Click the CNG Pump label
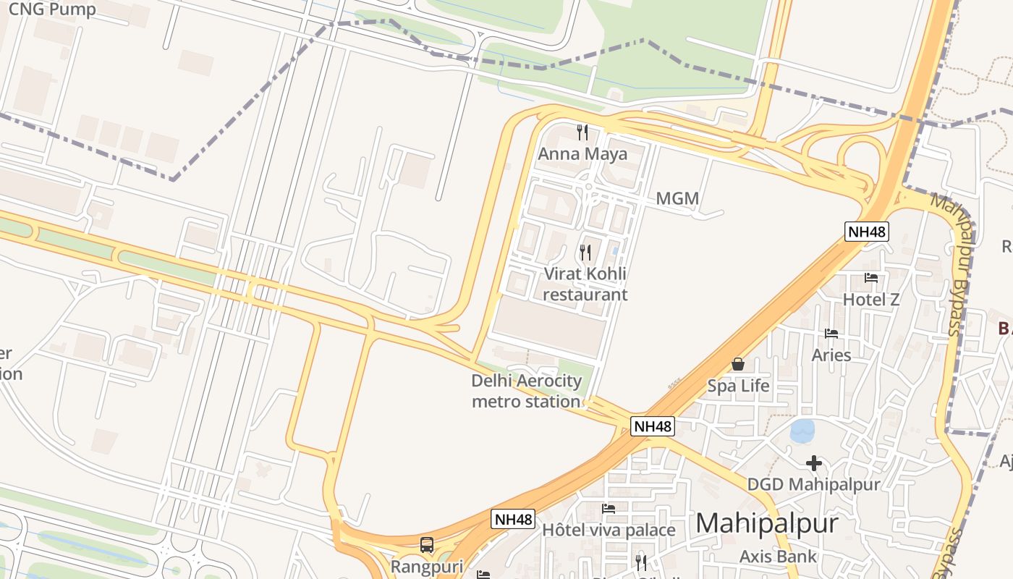click(52, 9)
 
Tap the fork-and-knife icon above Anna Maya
click(582, 132)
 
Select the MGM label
click(677, 198)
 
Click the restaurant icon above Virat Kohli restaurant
click(585, 252)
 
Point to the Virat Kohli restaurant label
click(585, 284)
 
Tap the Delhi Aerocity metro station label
click(526, 391)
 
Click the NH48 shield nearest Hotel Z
click(867, 232)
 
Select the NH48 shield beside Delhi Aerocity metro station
click(653, 426)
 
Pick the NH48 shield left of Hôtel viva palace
click(513, 519)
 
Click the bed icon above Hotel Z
click(871, 278)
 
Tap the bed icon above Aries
click(831, 334)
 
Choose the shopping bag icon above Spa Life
click(738, 364)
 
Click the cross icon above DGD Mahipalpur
click(814, 463)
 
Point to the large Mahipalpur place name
click(767, 523)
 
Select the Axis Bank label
click(778, 557)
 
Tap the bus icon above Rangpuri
click(427, 545)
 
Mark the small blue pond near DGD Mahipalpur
click(802, 431)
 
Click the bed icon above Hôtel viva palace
click(609, 509)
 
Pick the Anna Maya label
click(582, 154)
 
